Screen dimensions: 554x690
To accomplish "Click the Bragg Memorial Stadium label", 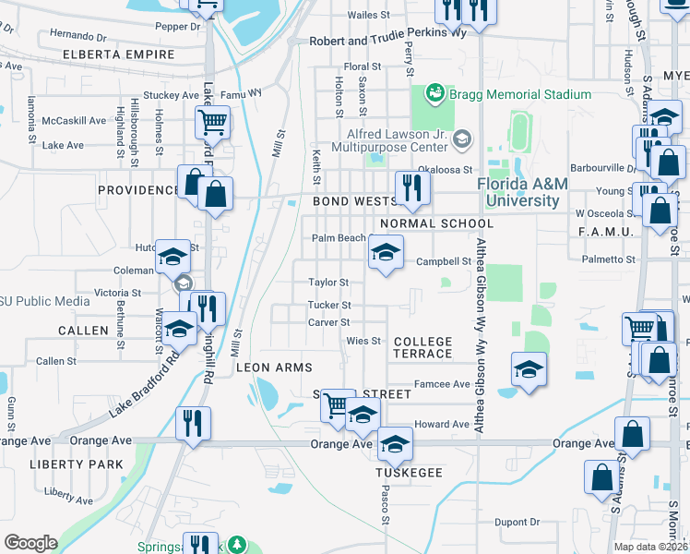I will click(519, 94).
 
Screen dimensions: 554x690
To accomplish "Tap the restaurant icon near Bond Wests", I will click(411, 188).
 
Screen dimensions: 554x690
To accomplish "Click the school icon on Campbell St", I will click(386, 251).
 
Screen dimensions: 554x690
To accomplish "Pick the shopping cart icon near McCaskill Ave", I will click(212, 121).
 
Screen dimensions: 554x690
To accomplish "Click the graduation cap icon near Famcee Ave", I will click(529, 369).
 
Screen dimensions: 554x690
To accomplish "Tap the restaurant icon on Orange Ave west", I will click(193, 424).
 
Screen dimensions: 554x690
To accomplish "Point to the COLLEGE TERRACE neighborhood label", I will click(423, 347).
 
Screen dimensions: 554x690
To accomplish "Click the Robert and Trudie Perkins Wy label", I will click(387, 31).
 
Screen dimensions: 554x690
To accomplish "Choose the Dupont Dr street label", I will click(516, 522).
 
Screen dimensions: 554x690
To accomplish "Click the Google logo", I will click(30, 543).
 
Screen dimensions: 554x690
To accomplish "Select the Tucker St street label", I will click(329, 305).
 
